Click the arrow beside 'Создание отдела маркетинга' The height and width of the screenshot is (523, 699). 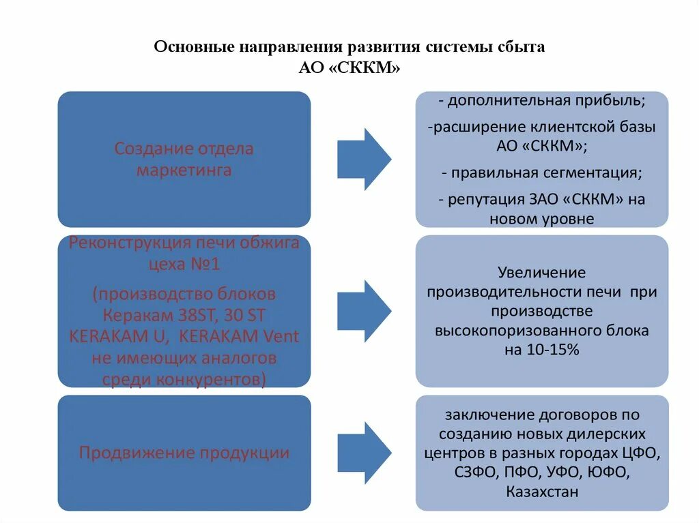point(364,159)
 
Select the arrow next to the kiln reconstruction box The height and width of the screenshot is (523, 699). point(364,311)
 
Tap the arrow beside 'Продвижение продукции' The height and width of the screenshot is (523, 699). point(364,453)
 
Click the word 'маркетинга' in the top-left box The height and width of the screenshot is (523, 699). point(184,170)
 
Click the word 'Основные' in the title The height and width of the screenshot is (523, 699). point(193,48)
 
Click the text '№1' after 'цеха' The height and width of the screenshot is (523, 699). point(206,265)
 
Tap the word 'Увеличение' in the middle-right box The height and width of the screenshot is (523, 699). point(542,273)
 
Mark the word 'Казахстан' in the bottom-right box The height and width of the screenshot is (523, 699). point(542,492)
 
